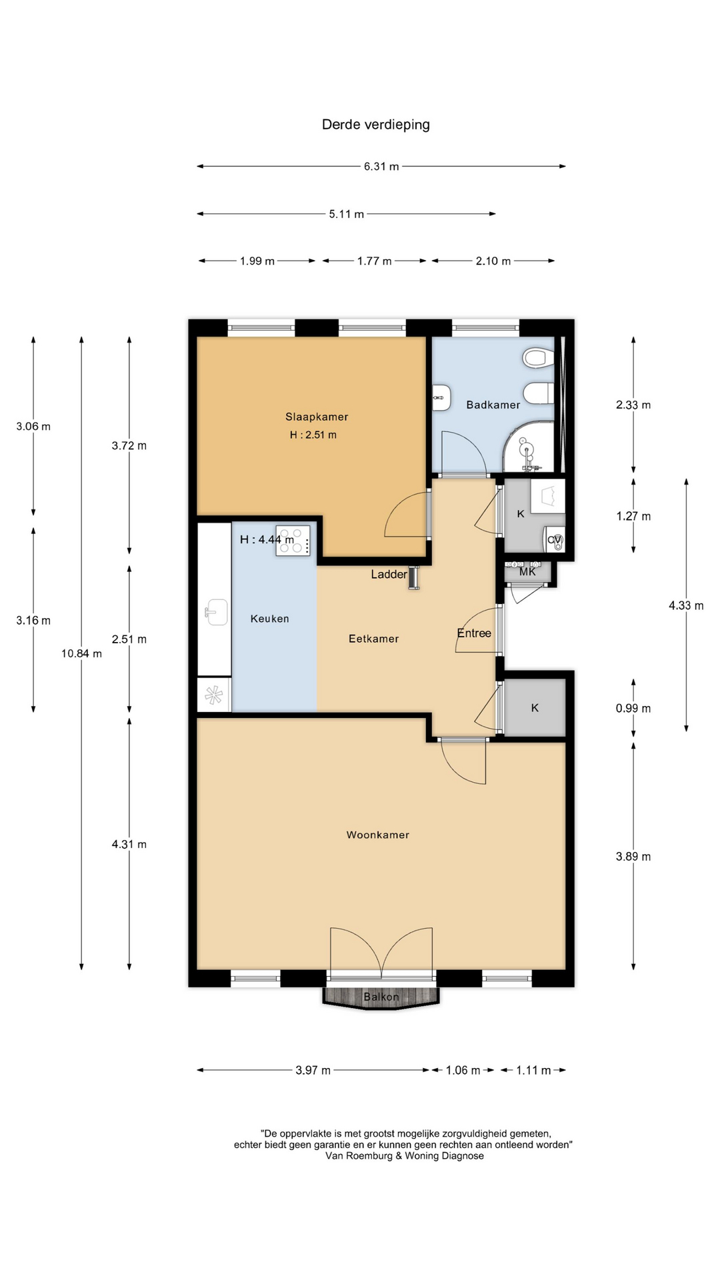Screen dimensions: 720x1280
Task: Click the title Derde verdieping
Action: pos(376,125)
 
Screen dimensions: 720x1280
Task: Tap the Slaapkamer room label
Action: pos(317,417)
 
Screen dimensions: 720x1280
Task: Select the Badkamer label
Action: pos(493,405)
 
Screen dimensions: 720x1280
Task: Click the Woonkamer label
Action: pos(378,835)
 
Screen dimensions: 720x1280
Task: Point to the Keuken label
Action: pos(270,619)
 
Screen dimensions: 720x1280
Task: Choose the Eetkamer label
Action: pos(374,639)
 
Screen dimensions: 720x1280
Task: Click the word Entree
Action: pos(474,633)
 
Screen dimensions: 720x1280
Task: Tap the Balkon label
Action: pos(381,997)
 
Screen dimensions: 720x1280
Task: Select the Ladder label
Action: pos(389,574)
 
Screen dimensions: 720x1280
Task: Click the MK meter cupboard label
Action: pos(527,572)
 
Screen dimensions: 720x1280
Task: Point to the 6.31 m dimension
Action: pos(381,167)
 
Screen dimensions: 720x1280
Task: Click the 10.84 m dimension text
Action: pos(81,653)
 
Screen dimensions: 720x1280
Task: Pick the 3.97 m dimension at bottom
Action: pos(313,1071)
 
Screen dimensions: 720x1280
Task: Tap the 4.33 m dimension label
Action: pos(686,606)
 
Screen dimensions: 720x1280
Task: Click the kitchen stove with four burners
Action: pos(293,540)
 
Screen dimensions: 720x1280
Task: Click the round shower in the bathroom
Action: pos(528,447)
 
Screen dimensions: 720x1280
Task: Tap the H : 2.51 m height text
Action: pos(313,435)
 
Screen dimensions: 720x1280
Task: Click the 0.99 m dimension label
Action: pos(633,709)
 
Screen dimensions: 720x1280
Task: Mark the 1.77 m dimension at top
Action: pos(374,261)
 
